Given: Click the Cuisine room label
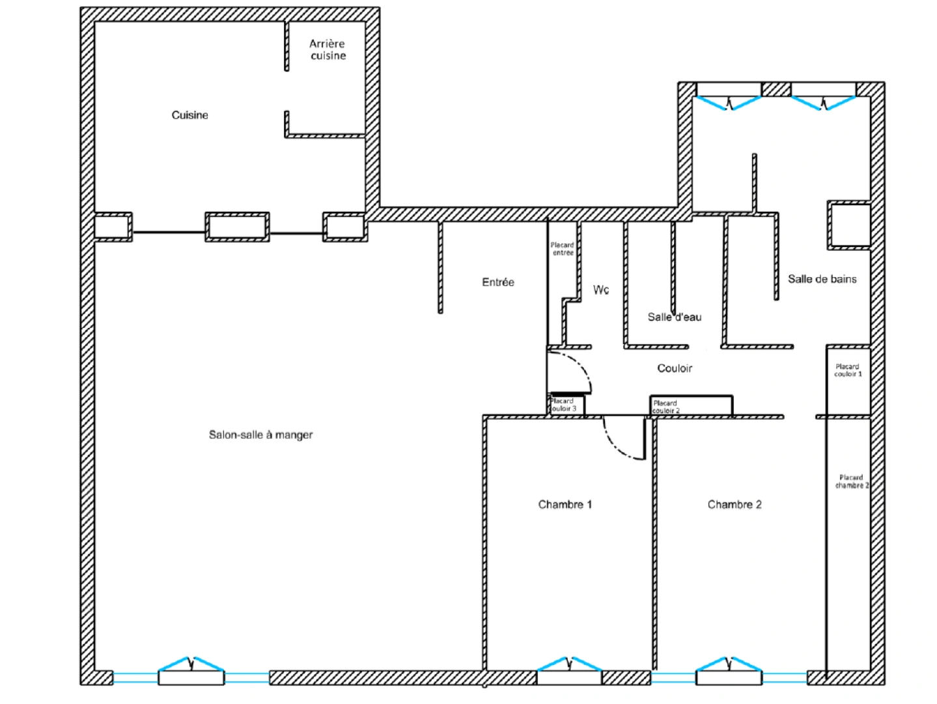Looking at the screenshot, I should [x=189, y=115].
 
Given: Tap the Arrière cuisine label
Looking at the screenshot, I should [x=328, y=50].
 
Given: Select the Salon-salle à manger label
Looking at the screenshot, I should [x=260, y=435].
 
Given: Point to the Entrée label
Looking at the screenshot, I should [x=498, y=282].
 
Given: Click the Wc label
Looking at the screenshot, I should [x=601, y=289].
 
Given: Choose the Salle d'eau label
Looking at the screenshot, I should [x=675, y=317].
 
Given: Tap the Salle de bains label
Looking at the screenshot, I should [x=822, y=279].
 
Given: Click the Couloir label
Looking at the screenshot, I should [x=675, y=368].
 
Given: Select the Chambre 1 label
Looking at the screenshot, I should [x=565, y=505].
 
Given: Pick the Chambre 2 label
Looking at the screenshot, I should [x=734, y=505].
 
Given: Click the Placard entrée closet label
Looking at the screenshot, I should [x=563, y=249].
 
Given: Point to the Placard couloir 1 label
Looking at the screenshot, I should [x=848, y=370].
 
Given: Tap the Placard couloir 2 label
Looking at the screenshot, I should [x=665, y=407].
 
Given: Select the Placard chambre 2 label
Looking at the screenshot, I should [x=851, y=481].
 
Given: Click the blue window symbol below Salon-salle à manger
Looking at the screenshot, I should [x=191, y=665].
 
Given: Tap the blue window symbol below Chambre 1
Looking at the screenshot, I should [x=569, y=665].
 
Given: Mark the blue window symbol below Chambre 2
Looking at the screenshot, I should [x=729, y=665].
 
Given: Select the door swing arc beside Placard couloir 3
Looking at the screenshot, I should [x=576, y=368].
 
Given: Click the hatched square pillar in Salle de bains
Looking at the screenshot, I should [x=849, y=226].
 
